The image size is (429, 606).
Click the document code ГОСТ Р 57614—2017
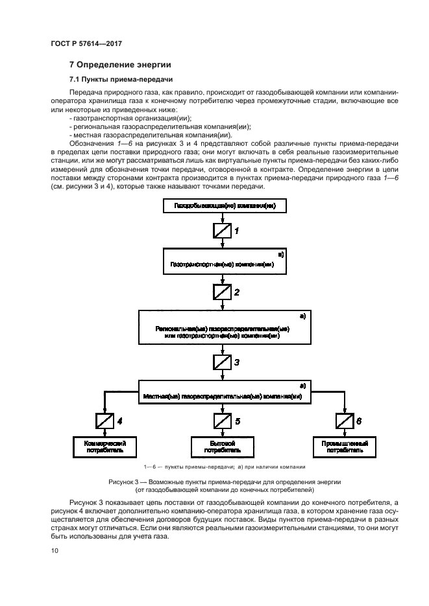[86, 43]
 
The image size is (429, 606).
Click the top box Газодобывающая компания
[223, 207]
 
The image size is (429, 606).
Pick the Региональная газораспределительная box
[223, 328]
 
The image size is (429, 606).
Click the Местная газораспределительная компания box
[223, 395]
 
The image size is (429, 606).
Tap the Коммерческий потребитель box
[104, 446]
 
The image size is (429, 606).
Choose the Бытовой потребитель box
[223, 446]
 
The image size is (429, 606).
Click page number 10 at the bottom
[55, 551]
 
